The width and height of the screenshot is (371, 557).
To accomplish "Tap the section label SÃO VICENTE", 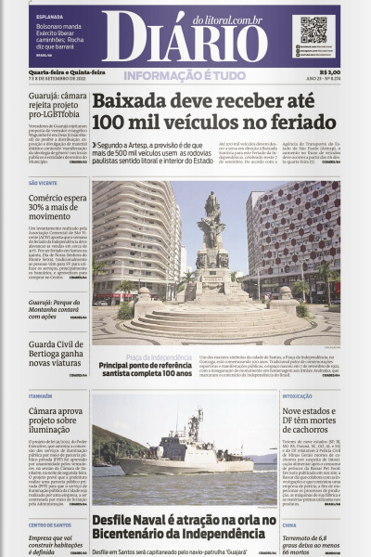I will pos(43,184).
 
